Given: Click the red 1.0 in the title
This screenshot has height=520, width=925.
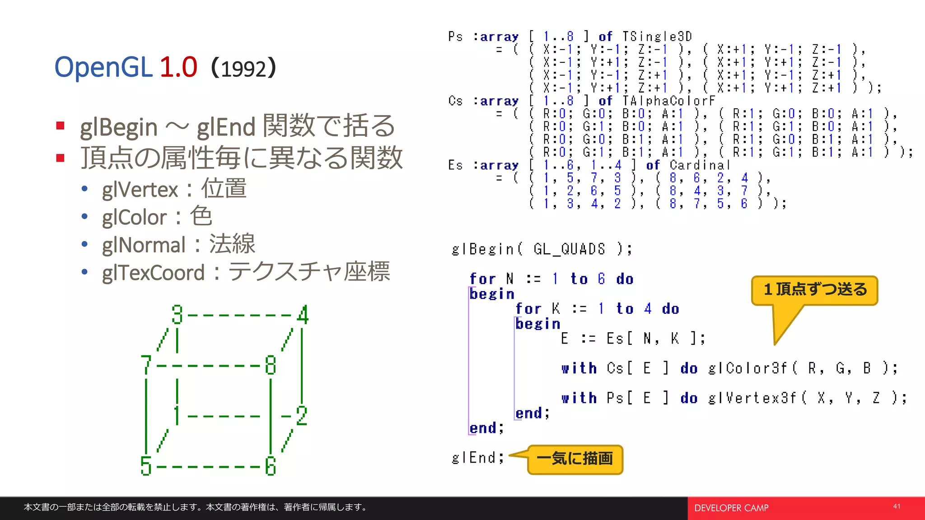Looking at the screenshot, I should [x=178, y=67].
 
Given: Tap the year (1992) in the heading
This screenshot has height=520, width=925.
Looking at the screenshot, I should [x=243, y=68].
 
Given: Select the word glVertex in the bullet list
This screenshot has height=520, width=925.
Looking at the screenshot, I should [x=140, y=190].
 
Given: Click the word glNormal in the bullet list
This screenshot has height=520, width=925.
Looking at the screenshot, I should [x=144, y=245].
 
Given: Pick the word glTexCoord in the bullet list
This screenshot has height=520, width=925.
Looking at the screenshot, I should [x=153, y=273].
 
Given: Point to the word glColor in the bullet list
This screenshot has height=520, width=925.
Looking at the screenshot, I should [x=134, y=218].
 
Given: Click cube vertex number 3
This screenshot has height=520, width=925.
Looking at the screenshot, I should [x=177, y=315].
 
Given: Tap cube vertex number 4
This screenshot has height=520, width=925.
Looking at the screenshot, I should [x=303, y=315].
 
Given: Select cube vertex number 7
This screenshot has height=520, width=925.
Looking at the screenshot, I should [x=145, y=365].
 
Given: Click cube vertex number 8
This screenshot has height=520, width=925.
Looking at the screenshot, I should [x=271, y=365].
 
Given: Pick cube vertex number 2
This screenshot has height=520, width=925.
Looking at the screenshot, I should [x=302, y=415].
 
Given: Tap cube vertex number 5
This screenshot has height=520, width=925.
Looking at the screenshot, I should [x=145, y=466].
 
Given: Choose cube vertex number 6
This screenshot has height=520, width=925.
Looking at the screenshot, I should [x=271, y=466].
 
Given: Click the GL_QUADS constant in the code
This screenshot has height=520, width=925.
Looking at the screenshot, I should [x=569, y=249].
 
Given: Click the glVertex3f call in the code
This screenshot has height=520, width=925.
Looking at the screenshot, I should [x=752, y=398].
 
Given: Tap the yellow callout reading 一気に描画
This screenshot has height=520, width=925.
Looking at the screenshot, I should [x=575, y=459].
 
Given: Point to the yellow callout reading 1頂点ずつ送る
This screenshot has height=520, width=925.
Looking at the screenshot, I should [x=815, y=290].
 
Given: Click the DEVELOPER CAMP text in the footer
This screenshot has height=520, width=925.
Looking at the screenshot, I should [x=731, y=508].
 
